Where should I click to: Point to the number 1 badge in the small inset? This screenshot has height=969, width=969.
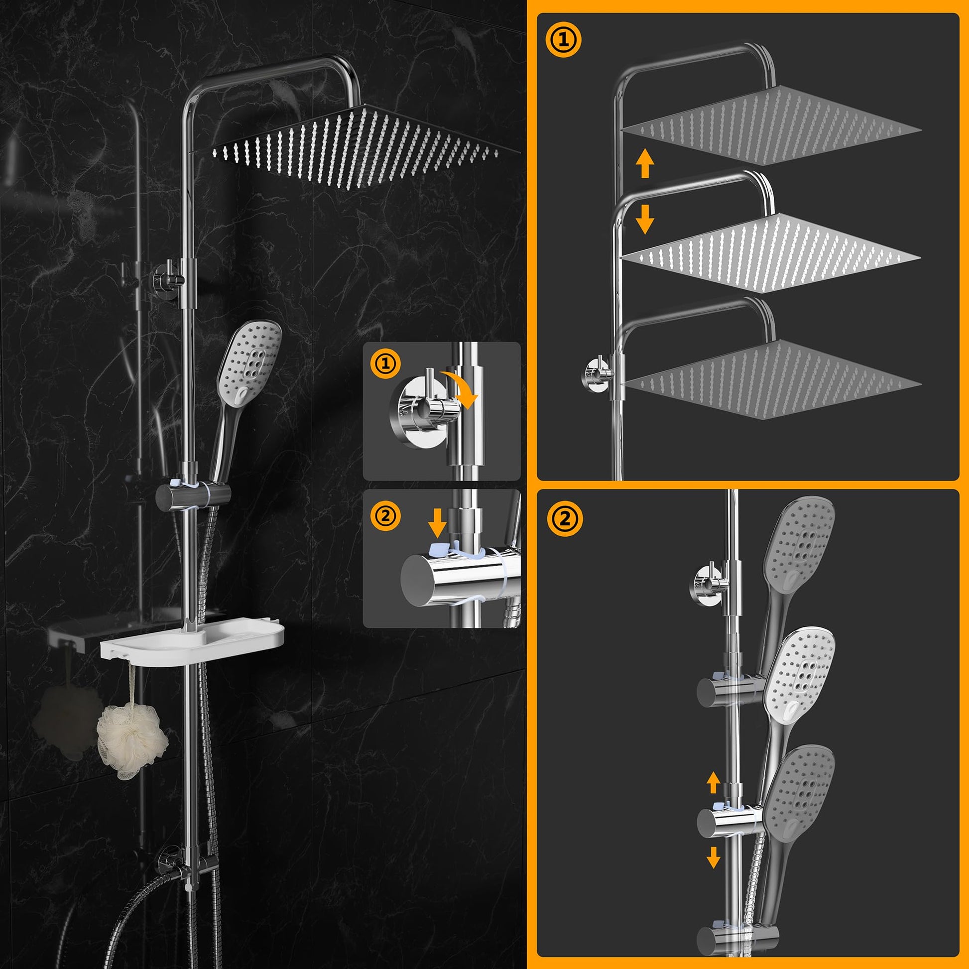(385, 363)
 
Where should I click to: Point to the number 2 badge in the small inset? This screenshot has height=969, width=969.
(385, 516)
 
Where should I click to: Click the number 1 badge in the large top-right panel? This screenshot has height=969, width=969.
(563, 41)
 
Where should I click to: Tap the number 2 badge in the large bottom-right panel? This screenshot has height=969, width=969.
(565, 518)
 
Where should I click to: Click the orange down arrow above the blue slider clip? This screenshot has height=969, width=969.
(437, 523)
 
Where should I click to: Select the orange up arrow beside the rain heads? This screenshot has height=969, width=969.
(644, 164)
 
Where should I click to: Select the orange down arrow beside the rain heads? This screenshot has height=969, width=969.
(644, 219)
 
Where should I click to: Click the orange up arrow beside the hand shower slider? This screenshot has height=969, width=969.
(713, 782)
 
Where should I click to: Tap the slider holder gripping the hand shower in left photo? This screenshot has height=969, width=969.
(193, 494)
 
